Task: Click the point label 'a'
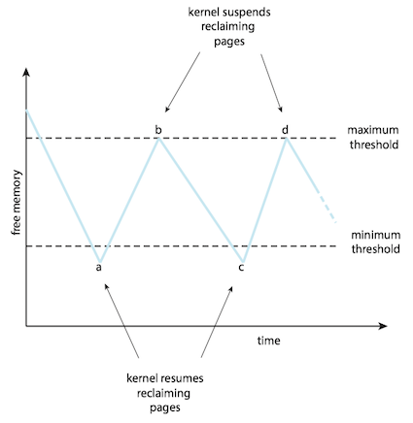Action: (99, 268)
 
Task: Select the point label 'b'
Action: (158, 130)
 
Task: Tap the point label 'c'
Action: (241, 268)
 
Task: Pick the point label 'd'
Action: (285, 130)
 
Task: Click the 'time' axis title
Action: (269, 341)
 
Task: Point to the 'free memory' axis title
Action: (17, 203)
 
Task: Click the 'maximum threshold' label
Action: (373, 137)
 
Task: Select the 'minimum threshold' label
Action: (376, 242)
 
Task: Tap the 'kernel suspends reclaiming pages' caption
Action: (229, 27)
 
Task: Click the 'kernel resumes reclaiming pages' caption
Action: (165, 393)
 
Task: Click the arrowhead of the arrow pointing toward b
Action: (167, 109)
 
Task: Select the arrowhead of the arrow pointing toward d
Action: (281, 109)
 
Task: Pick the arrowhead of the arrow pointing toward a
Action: (106, 286)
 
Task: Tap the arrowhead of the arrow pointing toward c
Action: (231, 289)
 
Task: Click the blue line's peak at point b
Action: (158, 139)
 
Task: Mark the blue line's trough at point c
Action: (243, 261)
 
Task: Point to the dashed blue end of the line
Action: (327, 208)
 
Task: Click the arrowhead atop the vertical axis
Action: (26, 72)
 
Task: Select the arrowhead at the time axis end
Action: (383, 326)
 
